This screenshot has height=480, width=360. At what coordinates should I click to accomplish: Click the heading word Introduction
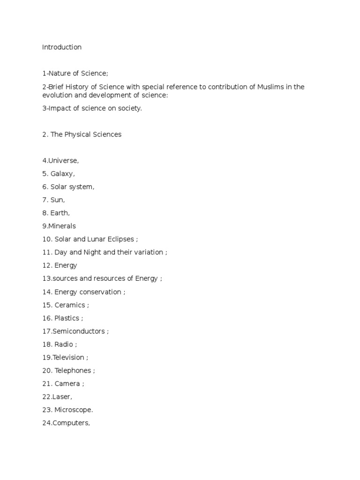[x=62, y=47]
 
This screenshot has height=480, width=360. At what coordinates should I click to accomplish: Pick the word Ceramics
[x=70, y=305]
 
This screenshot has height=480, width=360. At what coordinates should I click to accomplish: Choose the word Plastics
[x=67, y=318]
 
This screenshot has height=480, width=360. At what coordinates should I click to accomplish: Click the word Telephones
[x=73, y=371]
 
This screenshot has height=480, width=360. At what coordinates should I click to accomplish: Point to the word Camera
[x=67, y=384]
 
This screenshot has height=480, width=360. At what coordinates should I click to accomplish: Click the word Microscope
[x=74, y=410]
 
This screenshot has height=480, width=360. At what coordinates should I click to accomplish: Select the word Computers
[x=71, y=423]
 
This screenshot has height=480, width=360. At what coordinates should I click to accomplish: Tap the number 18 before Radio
[x=46, y=345]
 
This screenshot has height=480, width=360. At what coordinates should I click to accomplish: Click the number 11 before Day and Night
[x=46, y=253]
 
